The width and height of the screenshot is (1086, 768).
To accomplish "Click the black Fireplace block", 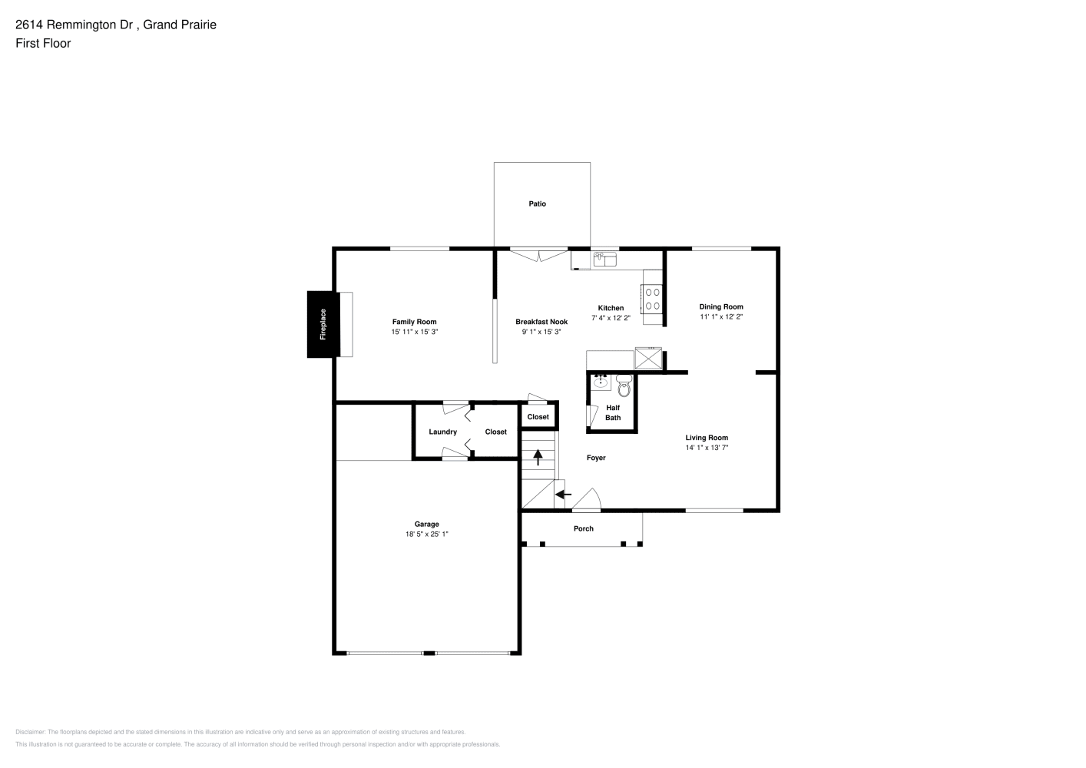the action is (x=323, y=324).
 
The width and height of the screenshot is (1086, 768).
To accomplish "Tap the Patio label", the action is (x=537, y=204).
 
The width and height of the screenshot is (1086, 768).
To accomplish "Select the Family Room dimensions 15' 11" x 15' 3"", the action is (x=415, y=332).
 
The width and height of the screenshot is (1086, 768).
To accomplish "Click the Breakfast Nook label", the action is (x=541, y=322).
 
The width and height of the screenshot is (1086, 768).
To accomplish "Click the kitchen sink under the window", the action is (x=605, y=259).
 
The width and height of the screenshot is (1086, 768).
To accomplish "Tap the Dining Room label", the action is (x=721, y=306).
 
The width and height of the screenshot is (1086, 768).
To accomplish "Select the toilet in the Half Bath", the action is (x=624, y=386).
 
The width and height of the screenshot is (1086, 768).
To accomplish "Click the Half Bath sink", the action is (x=601, y=382).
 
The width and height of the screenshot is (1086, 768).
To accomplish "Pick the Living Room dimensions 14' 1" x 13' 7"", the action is (x=707, y=448).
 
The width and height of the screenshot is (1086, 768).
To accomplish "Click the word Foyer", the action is (x=596, y=458).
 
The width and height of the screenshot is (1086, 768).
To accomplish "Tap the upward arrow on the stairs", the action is (x=538, y=457).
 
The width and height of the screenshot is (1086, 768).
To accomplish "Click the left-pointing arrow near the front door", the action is (x=563, y=495).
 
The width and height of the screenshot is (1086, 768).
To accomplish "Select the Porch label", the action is (x=583, y=528).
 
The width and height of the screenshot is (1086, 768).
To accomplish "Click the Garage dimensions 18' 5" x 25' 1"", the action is (x=427, y=534).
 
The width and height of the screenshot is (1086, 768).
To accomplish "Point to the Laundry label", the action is (x=442, y=432).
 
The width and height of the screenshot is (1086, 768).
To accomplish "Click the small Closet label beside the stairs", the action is (x=538, y=416).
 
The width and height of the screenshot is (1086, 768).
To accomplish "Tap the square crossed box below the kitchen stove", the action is (x=648, y=359).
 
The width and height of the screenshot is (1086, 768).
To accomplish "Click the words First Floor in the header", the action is (x=43, y=43).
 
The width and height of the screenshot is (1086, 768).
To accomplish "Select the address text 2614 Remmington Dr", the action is (x=74, y=25).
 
